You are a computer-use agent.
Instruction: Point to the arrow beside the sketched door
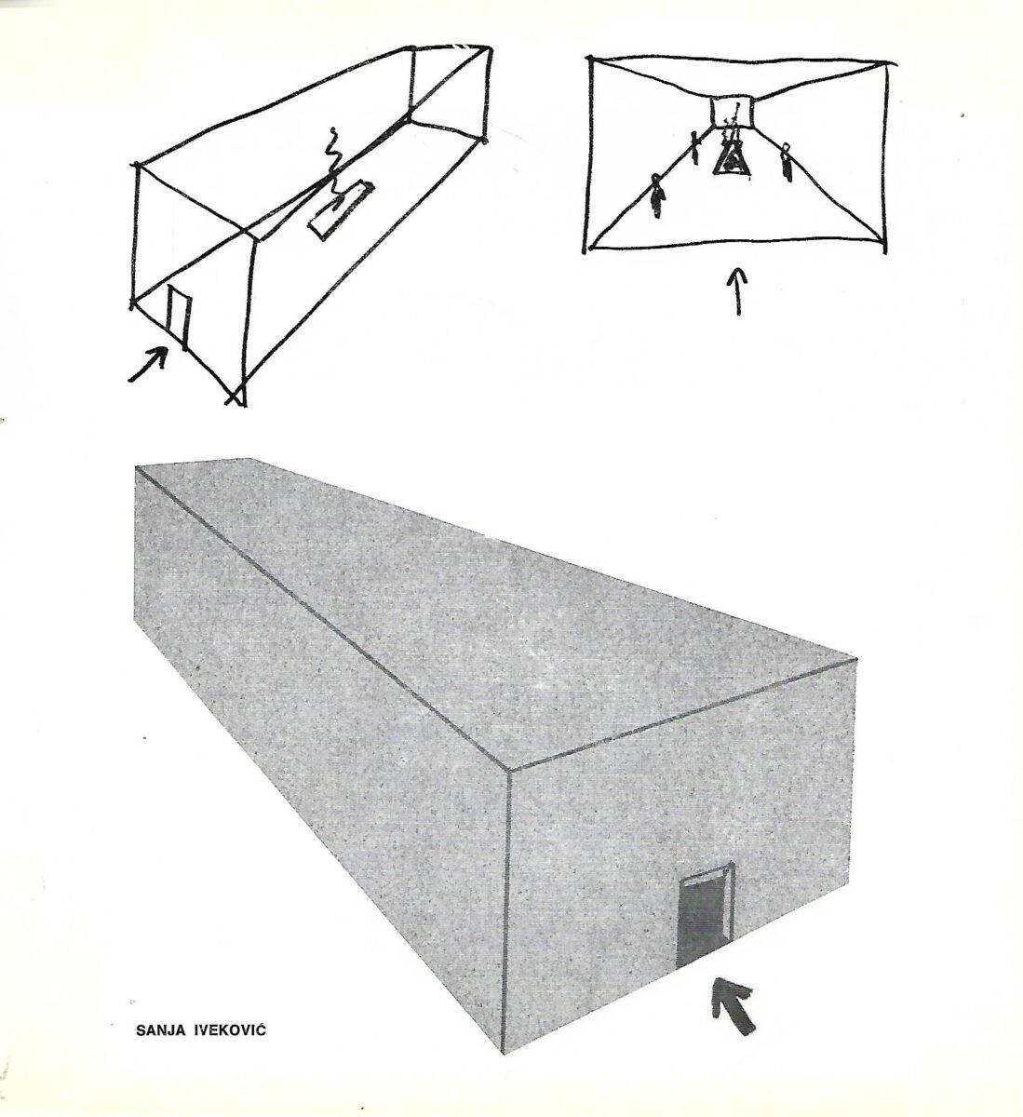pos(148,364)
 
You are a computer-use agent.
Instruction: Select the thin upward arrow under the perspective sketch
pos(739,290)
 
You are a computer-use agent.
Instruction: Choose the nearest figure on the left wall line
pos(658,196)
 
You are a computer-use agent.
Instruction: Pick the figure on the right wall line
pos(786,162)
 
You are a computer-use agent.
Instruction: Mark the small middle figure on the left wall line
pos(693,146)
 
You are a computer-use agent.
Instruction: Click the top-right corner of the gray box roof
pos(856,658)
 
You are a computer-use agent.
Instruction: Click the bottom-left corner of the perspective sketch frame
pos(585,251)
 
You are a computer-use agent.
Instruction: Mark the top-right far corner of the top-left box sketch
pos(491,48)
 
